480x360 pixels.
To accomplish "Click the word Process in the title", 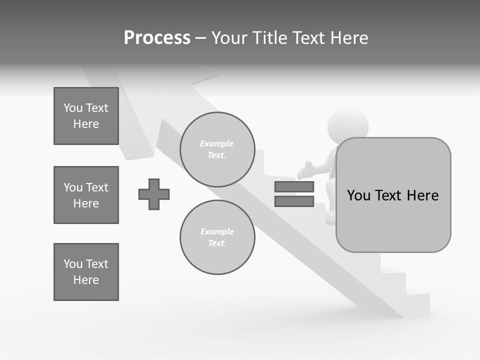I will (157, 38).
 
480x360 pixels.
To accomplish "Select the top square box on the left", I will (86, 116).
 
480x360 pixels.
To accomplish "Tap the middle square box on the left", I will (86, 195).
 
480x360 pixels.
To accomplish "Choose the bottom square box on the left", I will (86, 272).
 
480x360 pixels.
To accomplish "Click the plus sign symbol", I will (154, 194).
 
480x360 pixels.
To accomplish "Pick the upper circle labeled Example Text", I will (217, 149).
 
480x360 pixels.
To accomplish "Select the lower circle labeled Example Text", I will (217, 237).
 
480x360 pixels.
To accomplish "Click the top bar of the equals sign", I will (294, 187).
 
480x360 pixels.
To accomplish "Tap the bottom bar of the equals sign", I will (294, 201).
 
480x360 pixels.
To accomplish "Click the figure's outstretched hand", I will (303, 171).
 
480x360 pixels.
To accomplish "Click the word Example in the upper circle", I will (217, 143).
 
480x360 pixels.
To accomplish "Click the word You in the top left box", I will (72, 108).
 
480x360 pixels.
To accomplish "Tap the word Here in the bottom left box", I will (86, 280).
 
